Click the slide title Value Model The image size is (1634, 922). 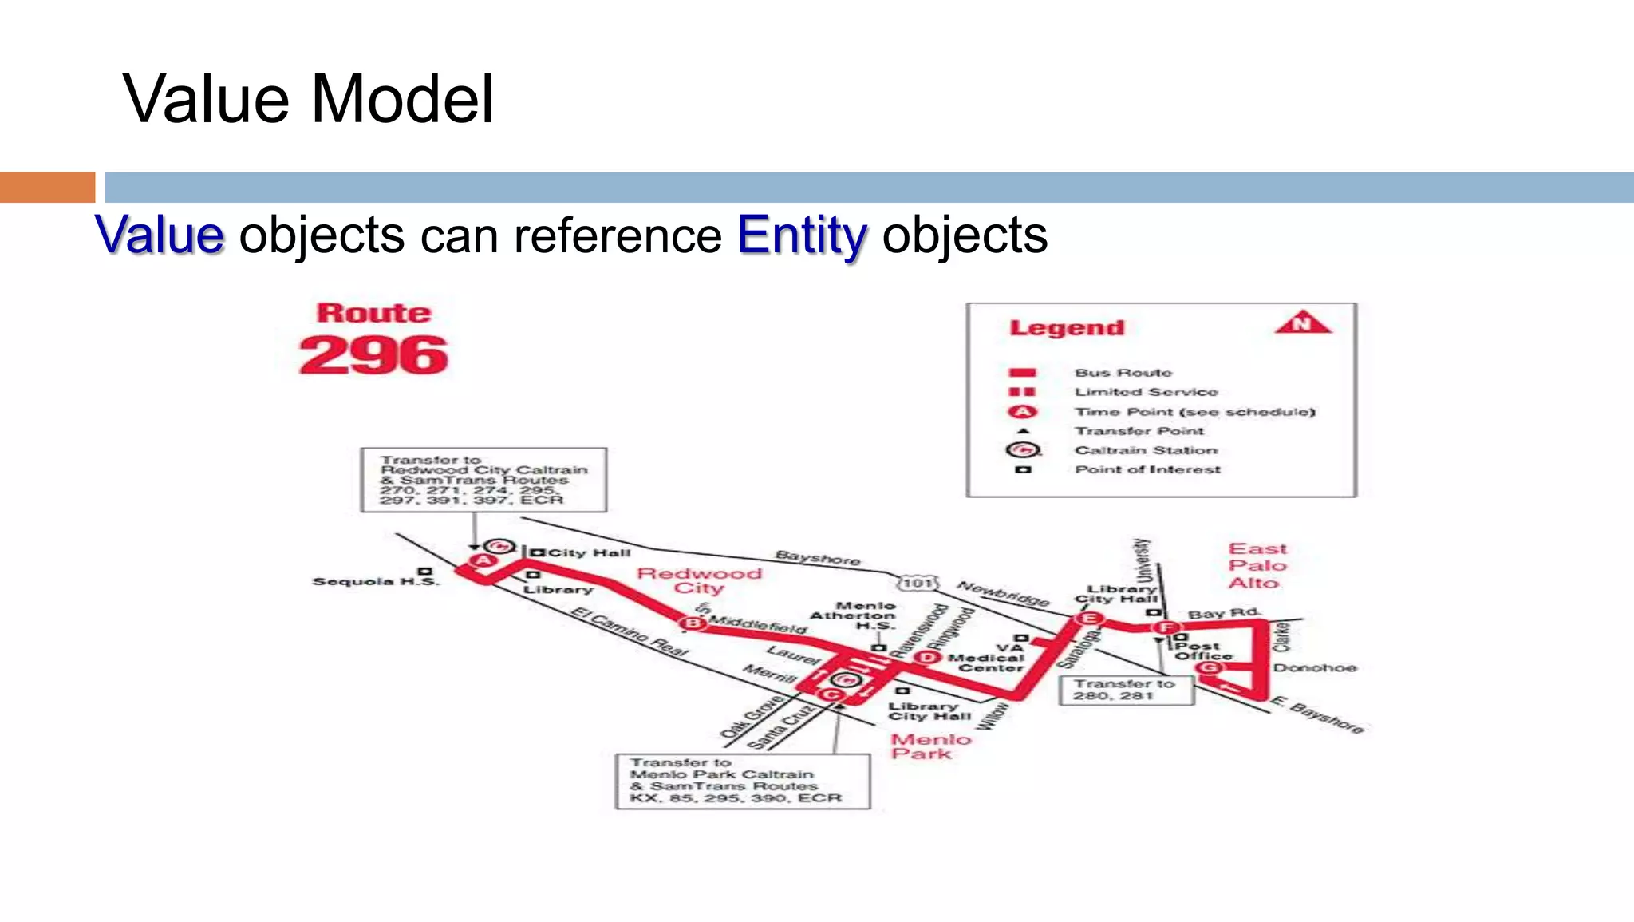(308, 99)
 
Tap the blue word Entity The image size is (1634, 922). (801, 235)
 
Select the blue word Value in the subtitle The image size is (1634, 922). (160, 235)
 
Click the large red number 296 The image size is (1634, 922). (373, 355)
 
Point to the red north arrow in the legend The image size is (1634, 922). (1302, 323)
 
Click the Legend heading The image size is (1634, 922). (1067, 328)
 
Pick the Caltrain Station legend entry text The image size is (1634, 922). (1146, 450)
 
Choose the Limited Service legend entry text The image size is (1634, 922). (1146, 392)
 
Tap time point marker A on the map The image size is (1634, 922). (483, 561)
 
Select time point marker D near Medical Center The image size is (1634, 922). (926, 657)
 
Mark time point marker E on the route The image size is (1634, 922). (1087, 619)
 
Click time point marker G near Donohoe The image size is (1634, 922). (1210, 667)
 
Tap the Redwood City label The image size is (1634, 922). (699, 580)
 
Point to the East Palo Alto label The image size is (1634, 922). (1257, 565)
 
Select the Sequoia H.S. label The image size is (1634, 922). (375, 581)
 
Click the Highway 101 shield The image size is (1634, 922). (918, 583)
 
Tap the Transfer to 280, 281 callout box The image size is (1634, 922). (1126, 690)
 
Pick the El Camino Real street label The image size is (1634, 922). (630, 631)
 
